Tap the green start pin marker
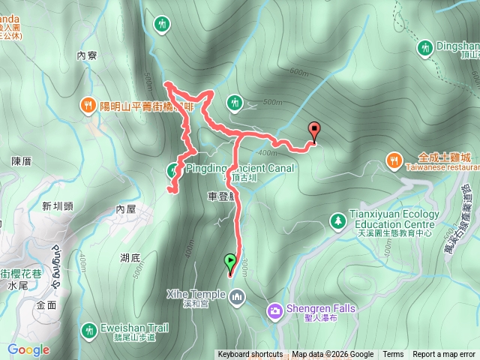[x=229, y=262]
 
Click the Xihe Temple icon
[x=238, y=298]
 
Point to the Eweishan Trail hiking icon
[x=88, y=328]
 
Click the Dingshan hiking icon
[x=424, y=47]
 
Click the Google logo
[x=28, y=349]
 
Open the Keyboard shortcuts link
[x=250, y=355]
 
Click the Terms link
[x=393, y=355]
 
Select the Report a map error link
[x=444, y=355]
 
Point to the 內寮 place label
[x=88, y=55]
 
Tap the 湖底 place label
[x=130, y=258]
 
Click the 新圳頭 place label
[x=57, y=206]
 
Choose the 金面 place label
[x=46, y=305]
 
